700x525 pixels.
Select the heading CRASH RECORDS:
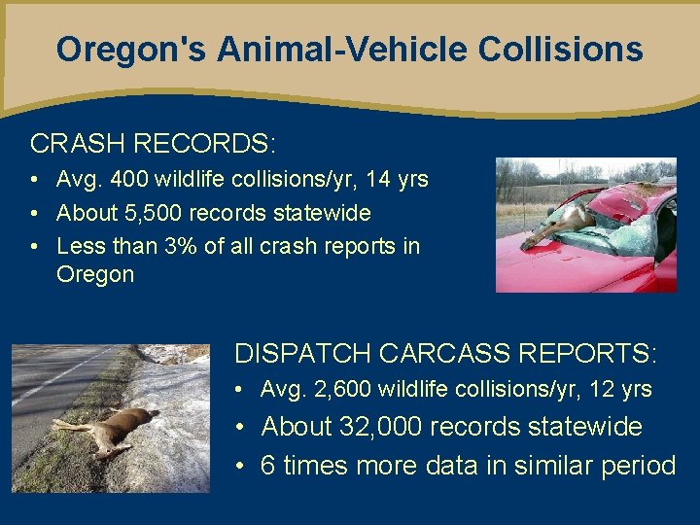click(x=153, y=144)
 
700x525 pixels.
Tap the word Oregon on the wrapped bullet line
click(x=95, y=274)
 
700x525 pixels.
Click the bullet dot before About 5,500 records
click(x=34, y=213)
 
